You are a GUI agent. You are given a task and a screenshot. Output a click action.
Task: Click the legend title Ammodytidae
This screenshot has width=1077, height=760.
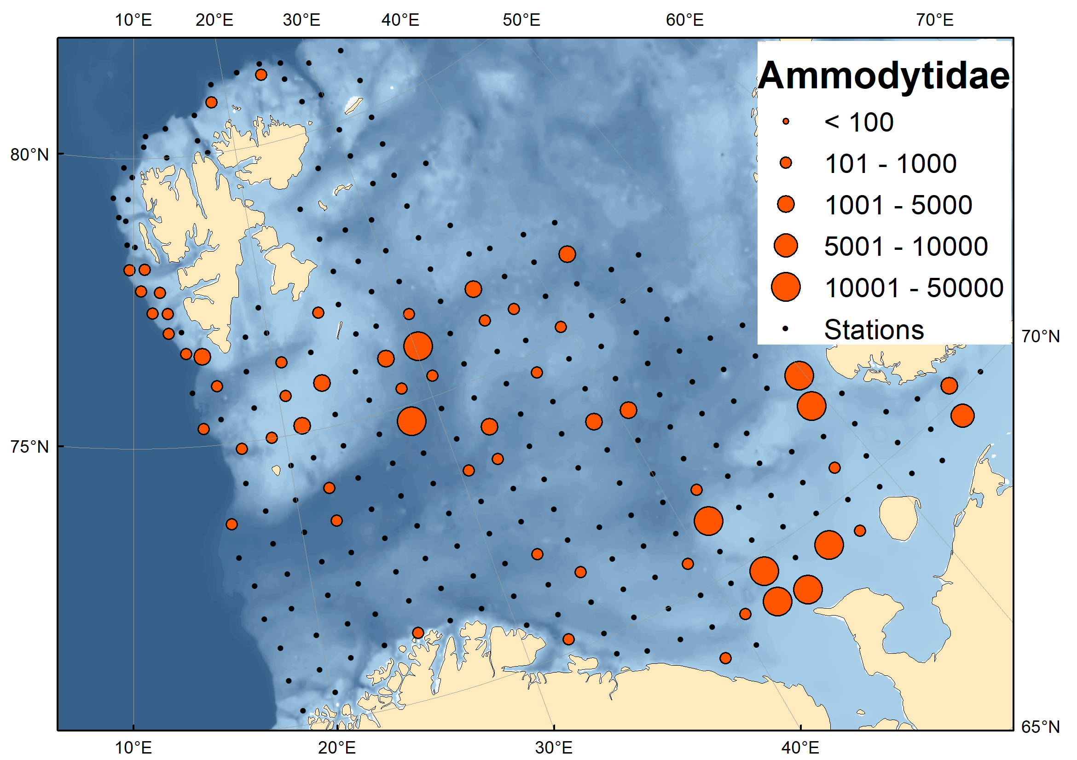tap(884, 76)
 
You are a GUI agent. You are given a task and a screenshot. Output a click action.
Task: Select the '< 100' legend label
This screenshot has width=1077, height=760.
tap(859, 122)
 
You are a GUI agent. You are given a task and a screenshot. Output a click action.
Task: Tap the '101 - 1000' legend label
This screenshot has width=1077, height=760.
tap(890, 164)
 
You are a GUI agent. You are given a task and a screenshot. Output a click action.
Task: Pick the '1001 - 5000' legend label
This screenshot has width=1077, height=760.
tap(898, 205)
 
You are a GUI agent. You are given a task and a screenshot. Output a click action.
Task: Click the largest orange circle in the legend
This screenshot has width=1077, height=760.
tap(786, 287)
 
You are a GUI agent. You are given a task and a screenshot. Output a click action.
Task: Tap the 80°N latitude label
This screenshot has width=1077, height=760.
tap(29, 155)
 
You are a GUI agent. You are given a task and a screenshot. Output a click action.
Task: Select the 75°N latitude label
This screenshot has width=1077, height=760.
tap(29, 447)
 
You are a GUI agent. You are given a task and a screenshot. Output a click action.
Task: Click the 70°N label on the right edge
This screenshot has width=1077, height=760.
tap(1041, 336)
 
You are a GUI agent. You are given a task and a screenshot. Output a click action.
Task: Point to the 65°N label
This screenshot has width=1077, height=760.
tap(1041, 727)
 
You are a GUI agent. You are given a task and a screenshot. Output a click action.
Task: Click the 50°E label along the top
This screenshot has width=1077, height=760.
tap(521, 20)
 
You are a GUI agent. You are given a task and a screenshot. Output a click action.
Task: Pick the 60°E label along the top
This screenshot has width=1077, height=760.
tap(685, 20)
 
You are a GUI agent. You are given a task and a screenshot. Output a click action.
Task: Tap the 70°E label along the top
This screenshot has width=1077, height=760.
tap(935, 20)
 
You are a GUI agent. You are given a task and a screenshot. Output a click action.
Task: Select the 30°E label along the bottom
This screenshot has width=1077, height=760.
tap(554, 747)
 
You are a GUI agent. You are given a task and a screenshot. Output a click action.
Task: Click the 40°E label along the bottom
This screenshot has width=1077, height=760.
tap(800, 747)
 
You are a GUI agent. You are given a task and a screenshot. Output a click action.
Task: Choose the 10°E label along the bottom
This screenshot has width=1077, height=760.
tap(133, 747)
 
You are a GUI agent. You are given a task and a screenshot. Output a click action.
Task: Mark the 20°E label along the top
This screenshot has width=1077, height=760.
tap(214, 20)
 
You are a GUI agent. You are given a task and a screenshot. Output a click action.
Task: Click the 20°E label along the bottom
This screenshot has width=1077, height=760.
tap(337, 747)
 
